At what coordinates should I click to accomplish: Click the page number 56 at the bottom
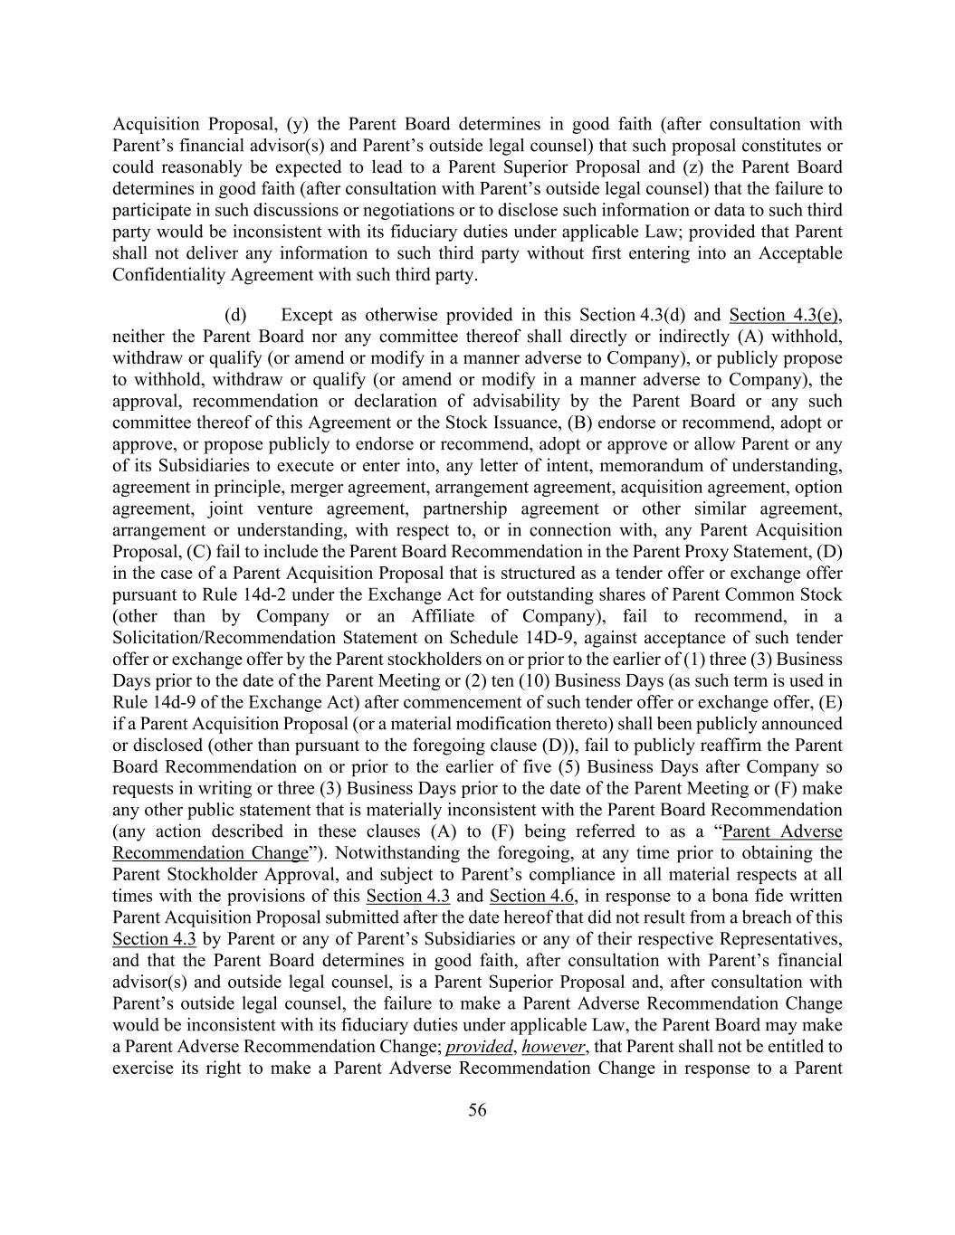[x=477, y=1111]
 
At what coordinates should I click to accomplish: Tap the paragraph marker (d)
[x=235, y=315]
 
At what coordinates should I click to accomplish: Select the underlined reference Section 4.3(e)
[x=785, y=315]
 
